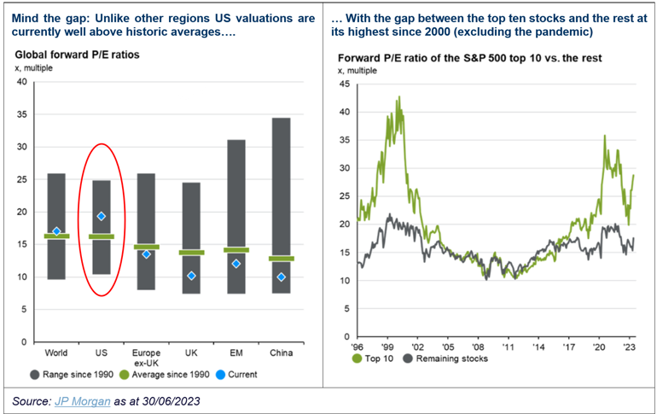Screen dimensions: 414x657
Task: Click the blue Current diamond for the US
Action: (x=101, y=217)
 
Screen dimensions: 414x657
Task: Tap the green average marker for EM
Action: (x=236, y=250)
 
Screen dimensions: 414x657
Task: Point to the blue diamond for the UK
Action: (x=191, y=276)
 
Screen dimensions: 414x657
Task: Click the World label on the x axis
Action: (x=56, y=351)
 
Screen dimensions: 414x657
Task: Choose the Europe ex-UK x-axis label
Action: (x=146, y=356)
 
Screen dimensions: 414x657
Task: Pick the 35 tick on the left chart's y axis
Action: (x=22, y=114)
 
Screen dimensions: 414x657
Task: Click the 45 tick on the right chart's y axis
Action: (x=343, y=85)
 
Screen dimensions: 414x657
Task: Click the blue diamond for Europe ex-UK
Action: (x=146, y=254)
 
